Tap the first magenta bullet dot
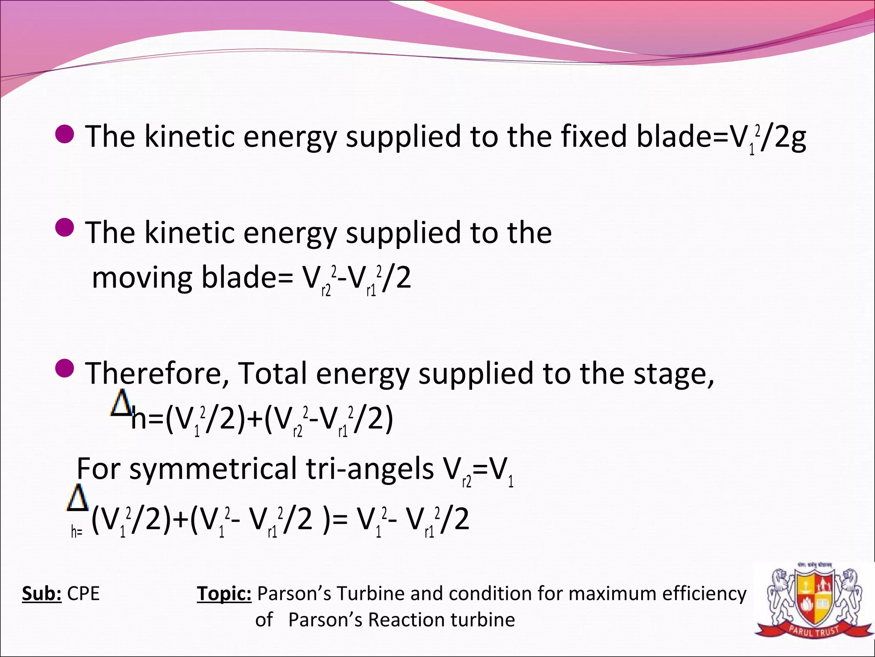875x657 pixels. pos(65,134)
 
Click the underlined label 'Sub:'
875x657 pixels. pos(42,594)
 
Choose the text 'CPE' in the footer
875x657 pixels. pos(83,594)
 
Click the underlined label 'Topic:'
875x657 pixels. pos(224,594)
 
